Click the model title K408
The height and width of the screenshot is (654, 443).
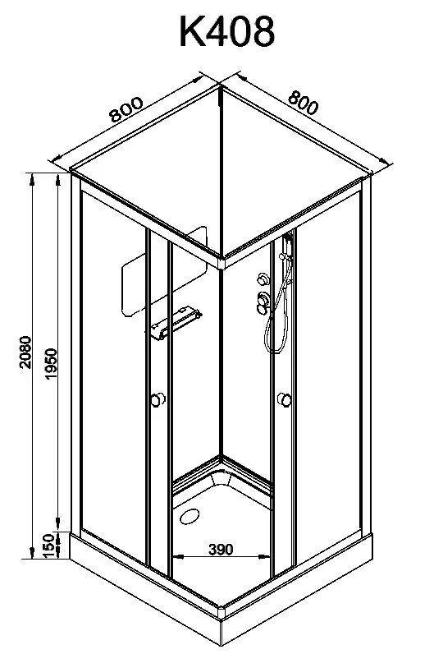coord(227,32)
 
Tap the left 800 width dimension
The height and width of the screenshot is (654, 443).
coord(126,109)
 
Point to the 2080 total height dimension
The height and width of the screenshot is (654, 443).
coord(25,352)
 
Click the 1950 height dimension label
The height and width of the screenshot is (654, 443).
coord(51,364)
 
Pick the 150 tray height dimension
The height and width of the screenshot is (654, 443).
coord(48,546)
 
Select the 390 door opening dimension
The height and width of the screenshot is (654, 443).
coord(221,550)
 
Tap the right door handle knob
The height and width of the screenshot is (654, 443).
coord(285,399)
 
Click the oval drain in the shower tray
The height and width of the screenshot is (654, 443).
coord(190,516)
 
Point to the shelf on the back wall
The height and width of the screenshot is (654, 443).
coord(176,322)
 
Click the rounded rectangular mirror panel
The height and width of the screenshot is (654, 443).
coord(164,270)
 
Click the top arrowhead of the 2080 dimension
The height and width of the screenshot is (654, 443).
coord(31,178)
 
